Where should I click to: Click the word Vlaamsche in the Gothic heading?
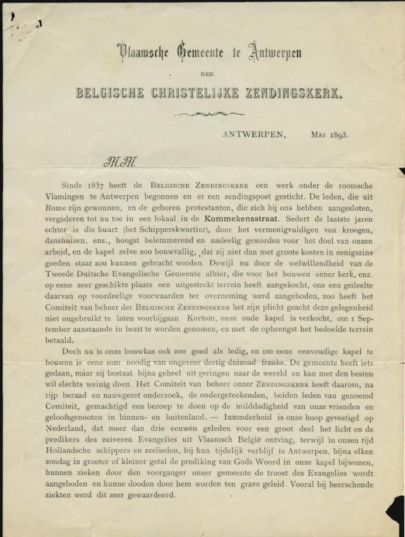[x=139, y=54]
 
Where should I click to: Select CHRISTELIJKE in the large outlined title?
[x=203, y=94]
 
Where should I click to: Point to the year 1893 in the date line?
[x=336, y=133]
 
